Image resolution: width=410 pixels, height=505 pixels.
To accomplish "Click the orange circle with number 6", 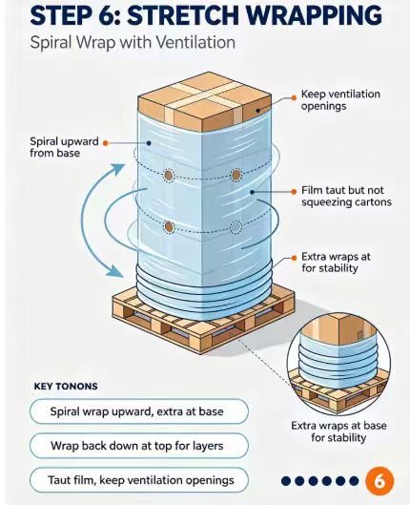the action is coord(379,481).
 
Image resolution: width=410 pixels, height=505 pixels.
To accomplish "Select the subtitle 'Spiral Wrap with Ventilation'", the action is coord(133,43).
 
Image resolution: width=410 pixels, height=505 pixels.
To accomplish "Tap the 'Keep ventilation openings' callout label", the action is coord(340,100).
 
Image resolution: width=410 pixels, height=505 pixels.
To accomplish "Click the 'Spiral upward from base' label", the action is coord(64,147).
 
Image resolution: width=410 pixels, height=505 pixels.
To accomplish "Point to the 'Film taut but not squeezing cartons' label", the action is coord(346,196).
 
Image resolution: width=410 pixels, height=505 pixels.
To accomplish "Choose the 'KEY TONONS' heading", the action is coord(66,387).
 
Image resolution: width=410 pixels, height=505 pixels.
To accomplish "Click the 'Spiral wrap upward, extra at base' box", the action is coord(139,411).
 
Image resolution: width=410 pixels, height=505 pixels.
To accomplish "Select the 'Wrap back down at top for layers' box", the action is coord(139,446).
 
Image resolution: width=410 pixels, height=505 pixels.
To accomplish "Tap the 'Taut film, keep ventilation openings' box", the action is coord(139,480).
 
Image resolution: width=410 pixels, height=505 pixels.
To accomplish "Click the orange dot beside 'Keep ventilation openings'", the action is coord(294,97).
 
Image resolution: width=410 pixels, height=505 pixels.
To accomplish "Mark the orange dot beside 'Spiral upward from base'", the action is coord(106,142).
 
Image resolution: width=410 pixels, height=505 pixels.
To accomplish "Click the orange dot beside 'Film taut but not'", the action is coord(294,192).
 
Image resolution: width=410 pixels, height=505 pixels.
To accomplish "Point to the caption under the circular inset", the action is coord(338,431).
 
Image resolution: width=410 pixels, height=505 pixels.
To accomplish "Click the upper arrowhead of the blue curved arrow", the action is coord(118,169).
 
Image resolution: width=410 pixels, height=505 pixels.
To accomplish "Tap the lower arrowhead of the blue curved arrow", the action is coord(114,271).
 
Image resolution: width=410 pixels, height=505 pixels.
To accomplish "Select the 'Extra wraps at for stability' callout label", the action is coord(336,263).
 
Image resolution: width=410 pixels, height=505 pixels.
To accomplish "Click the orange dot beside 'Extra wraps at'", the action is coord(294,258).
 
